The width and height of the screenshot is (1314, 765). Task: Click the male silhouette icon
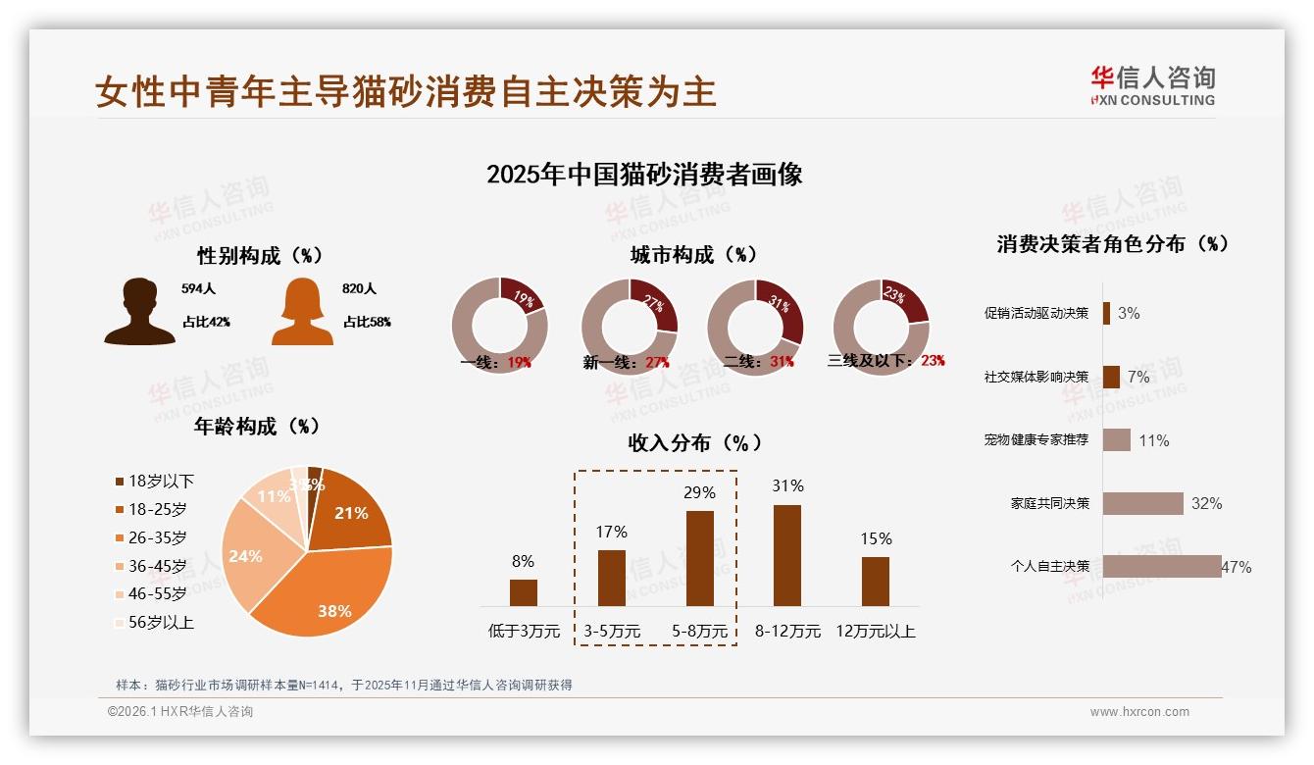[139, 312]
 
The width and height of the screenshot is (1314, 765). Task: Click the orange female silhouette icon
[302, 312]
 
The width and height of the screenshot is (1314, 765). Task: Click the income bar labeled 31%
[787, 555]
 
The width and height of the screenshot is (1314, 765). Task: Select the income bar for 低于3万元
[524, 592]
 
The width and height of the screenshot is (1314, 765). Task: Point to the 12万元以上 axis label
[875, 631]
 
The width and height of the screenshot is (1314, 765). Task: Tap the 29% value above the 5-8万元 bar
[699, 492]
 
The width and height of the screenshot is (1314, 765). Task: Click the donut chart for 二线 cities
[755, 327]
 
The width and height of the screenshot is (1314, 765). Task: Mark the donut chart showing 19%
[499, 327]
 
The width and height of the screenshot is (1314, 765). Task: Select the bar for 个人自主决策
[1162, 566]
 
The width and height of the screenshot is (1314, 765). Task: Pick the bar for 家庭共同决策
[1142, 503]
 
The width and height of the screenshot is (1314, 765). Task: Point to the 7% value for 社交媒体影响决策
[1137, 377]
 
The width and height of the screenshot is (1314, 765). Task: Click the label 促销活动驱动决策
[1036, 314]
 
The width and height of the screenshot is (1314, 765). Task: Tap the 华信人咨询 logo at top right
[1152, 85]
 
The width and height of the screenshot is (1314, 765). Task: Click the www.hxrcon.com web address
[1139, 712]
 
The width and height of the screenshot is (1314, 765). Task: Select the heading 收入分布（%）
[694, 442]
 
